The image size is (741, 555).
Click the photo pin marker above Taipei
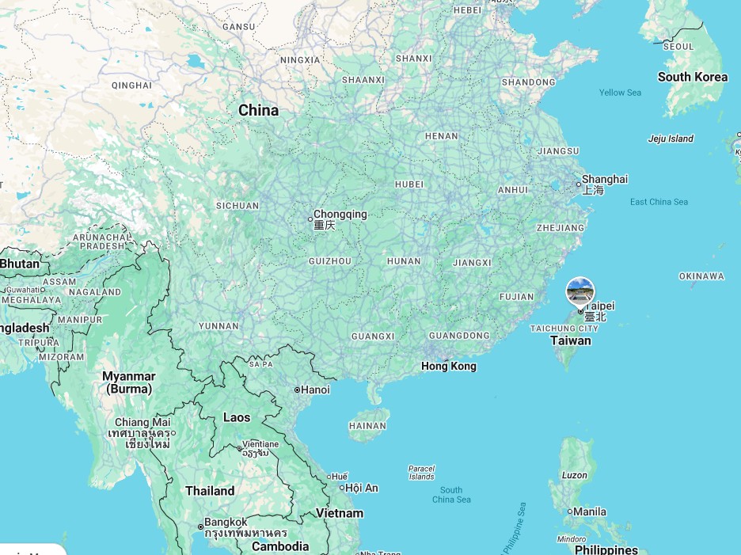(x=580, y=291)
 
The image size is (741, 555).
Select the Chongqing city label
(x=340, y=215)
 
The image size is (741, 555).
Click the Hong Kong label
(x=449, y=366)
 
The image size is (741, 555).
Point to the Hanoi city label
(x=315, y=390)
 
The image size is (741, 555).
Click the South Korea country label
(x=692, y=77)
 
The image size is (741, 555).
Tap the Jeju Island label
(x=670, y=139)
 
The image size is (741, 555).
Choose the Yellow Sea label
(x=620, y=93)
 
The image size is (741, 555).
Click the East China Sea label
(x=659, y=202)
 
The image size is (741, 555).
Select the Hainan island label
(x=367, y=426)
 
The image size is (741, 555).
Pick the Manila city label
(x=590, y=511)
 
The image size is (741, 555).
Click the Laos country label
(x=236, y=417)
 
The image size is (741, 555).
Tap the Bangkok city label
(x=226, y=523)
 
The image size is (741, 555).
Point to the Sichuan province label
(x=237, y=206)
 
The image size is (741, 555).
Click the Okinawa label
(x=701, y=276)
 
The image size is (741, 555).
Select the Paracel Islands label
(x=421, y=473)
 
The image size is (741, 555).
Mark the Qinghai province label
(x=131, y=86)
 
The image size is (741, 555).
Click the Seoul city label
(x=678, y=47)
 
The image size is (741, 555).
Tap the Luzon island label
(x=575, y=475)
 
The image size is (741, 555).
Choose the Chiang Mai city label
(x=142, y=423)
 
